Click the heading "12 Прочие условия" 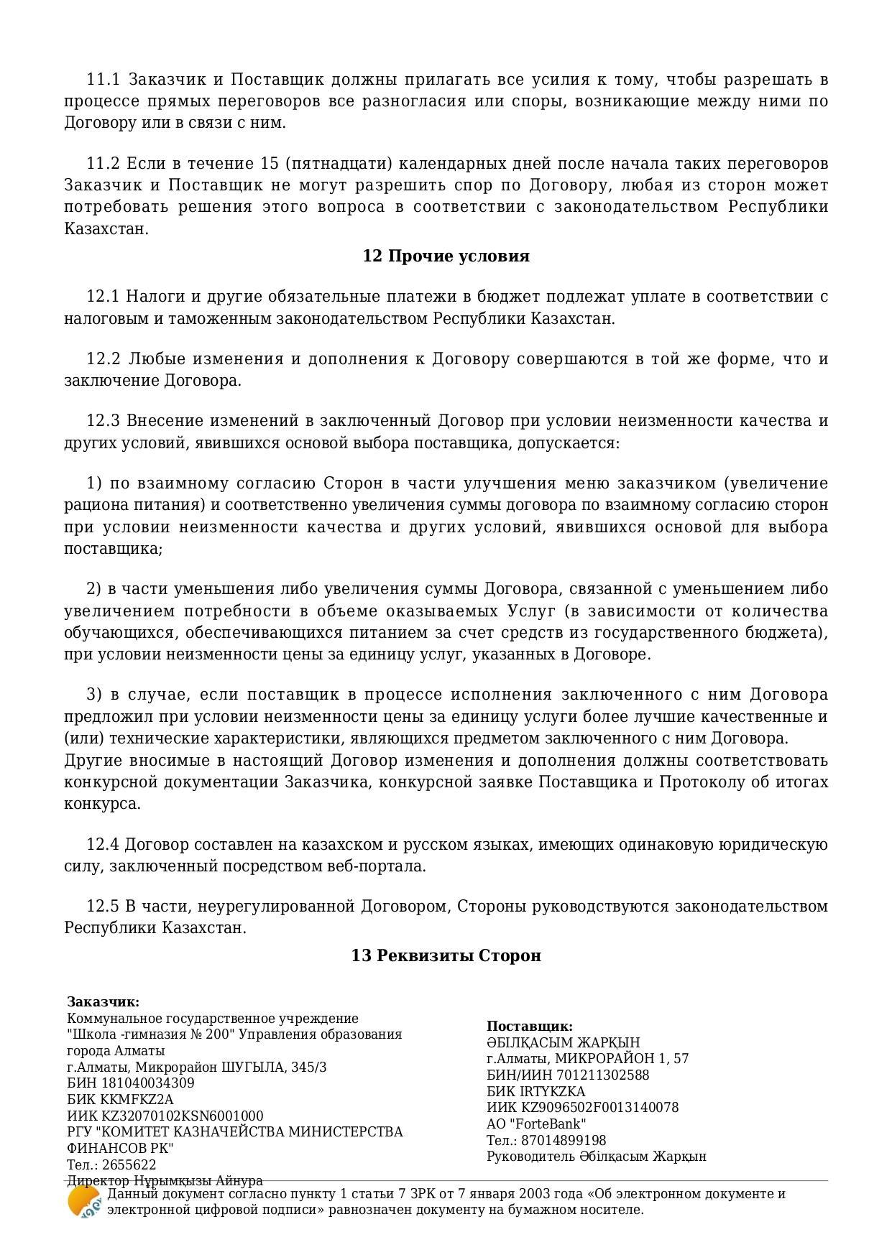pos(446,256)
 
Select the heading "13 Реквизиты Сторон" pos(446,955)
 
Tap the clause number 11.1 pos(103,79)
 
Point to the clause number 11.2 pos(103,164)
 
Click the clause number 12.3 pos(103,421)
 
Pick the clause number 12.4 pos(103,845)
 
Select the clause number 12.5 pos(103,907)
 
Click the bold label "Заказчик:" pos(104,1002)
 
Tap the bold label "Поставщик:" pos(530,1027)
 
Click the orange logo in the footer pos(83,1203)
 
